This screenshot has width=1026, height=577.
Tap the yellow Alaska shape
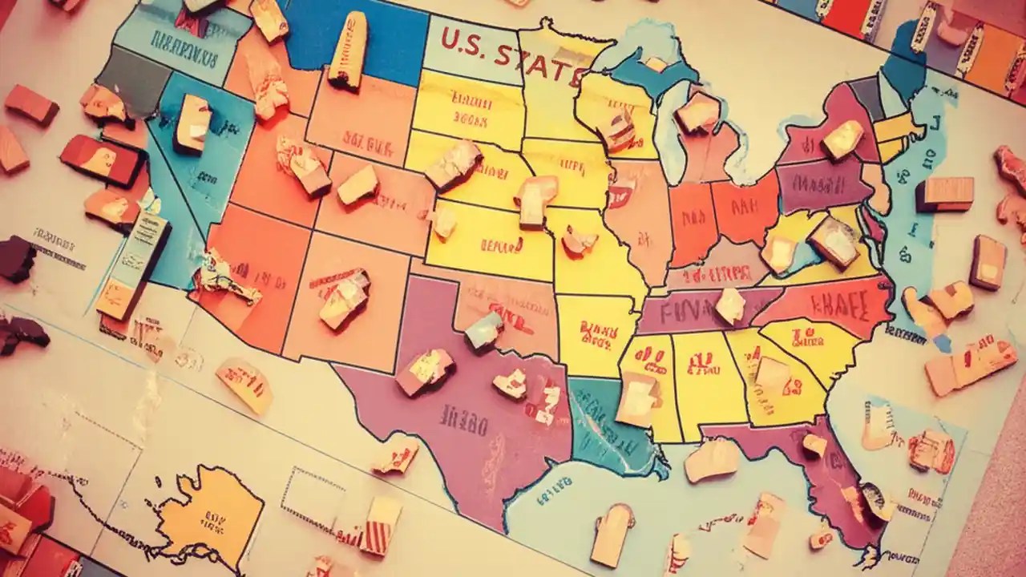pyautogui.click(x=212, y=509)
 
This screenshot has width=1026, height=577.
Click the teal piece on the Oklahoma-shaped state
pyautogui.click(x=483, y=329)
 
